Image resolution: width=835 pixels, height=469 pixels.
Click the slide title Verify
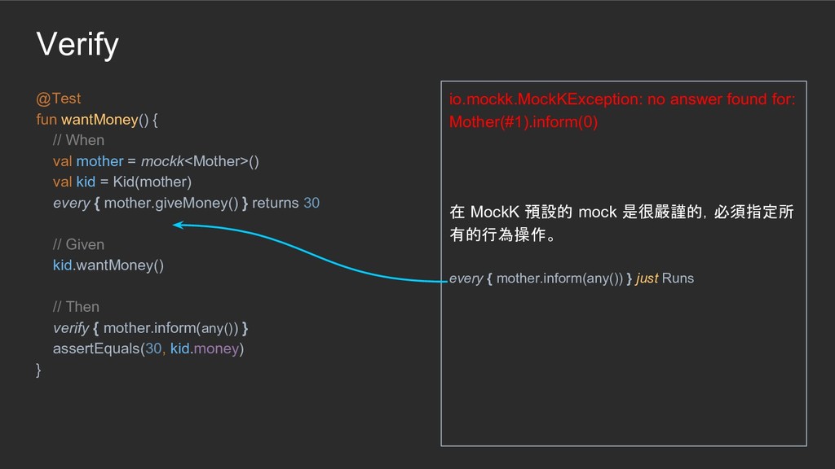click(x=77, y=45)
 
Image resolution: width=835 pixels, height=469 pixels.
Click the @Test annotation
click(x=59, y=99)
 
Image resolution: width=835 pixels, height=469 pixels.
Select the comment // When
click(x=78, y=140)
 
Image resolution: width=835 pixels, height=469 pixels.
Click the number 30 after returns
click(x=311, y=203)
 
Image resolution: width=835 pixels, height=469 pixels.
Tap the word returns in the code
click(x=276, y=203)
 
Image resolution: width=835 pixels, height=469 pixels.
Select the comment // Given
click(x=78, y=244)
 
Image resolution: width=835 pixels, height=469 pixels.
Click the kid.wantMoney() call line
click(x=108, y=265)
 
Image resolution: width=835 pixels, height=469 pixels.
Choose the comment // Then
click(x=76, y=307)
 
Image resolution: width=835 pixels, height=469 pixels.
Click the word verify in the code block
click(x=71, y=327)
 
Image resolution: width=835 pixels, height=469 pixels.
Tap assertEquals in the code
click(x=95, y=348)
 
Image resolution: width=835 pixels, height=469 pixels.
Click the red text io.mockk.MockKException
click(x=544, y=99)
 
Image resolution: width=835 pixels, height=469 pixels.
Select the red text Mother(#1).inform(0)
click(x=524, y=122)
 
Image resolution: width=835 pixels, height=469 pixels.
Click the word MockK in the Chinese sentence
click(x=495, y=213)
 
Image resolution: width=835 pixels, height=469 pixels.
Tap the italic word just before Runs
click(x=647, y=278)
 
